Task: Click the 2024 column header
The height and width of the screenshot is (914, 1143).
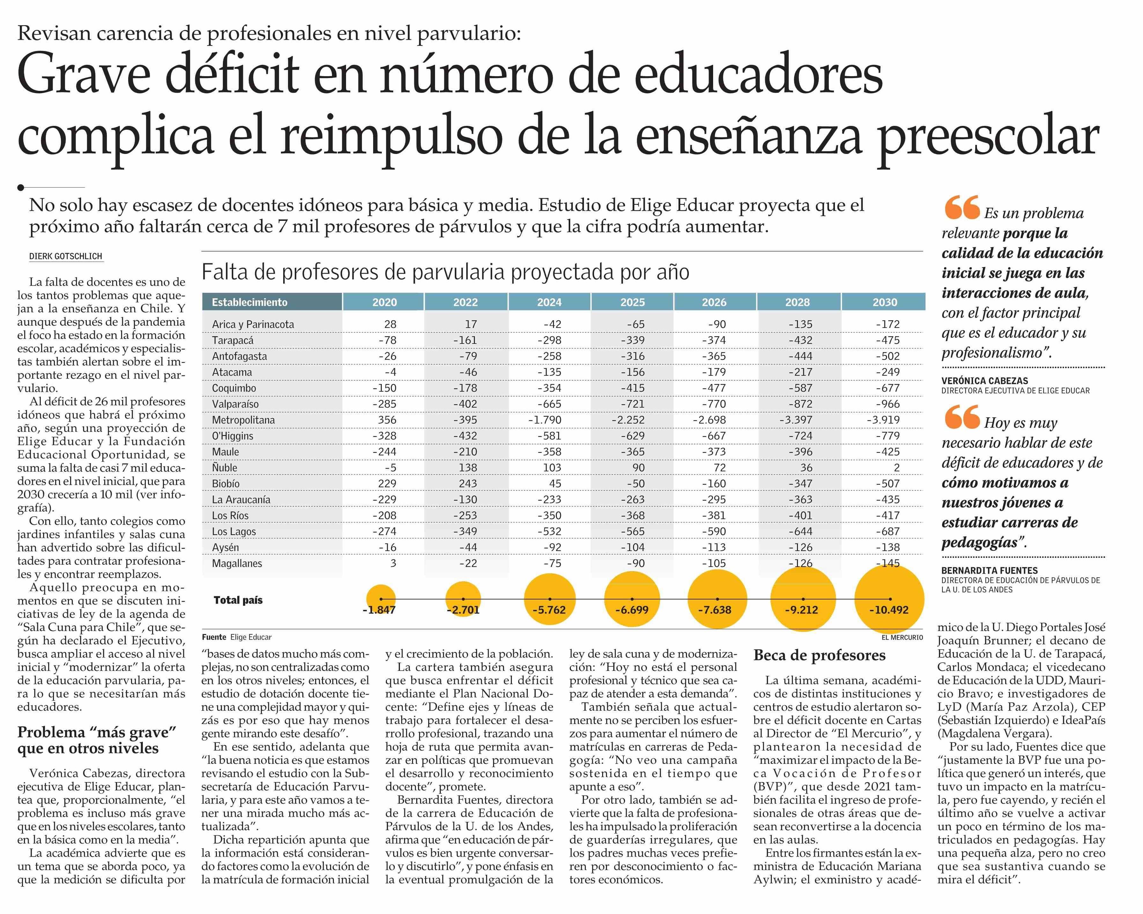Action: tap(549, 302)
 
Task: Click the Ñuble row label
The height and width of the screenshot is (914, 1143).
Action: tap(225, 468)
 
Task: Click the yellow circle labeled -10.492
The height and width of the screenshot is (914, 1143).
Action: tap(889, 599)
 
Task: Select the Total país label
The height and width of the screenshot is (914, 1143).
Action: tap(238, 600)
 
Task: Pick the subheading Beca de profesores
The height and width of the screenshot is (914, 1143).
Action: tap(819, 656)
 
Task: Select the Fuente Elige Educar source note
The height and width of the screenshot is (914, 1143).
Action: tap(236, 637)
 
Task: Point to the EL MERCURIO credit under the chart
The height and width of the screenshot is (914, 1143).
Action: tap(902, 637)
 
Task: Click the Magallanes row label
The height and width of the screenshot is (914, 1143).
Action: tap(237, 564)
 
